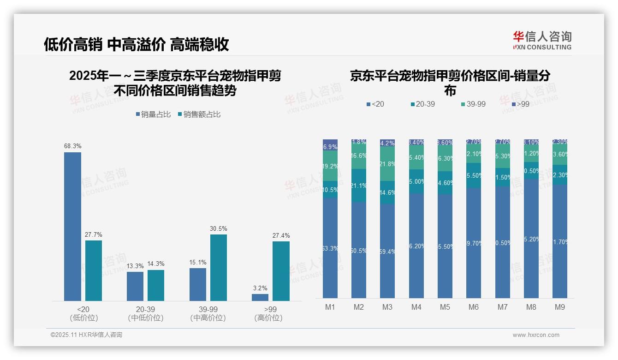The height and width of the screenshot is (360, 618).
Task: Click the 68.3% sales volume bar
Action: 72,226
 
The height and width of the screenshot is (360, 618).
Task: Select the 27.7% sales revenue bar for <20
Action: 94,270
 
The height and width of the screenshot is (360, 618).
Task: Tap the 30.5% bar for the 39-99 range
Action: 219,268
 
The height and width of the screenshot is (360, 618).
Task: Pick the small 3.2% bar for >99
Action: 260,297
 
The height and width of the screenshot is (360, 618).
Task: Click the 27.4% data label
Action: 281,236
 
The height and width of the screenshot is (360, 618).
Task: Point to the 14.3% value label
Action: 156,264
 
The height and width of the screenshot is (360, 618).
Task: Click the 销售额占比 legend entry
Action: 199,114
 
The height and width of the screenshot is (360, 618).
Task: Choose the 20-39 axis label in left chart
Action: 145,309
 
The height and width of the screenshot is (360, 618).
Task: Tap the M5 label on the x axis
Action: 445,307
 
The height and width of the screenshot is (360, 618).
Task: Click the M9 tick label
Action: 559,307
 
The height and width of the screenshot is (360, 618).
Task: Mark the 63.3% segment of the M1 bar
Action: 330,248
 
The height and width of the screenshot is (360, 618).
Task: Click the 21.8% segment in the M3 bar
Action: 387,164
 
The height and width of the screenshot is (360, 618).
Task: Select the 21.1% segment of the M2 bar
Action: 359,186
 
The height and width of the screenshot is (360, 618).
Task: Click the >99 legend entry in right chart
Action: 520,104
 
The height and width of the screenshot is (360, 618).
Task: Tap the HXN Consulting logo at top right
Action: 542,40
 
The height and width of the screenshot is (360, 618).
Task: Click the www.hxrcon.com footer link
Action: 536,335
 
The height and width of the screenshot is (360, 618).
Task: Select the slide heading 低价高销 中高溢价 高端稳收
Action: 137,44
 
